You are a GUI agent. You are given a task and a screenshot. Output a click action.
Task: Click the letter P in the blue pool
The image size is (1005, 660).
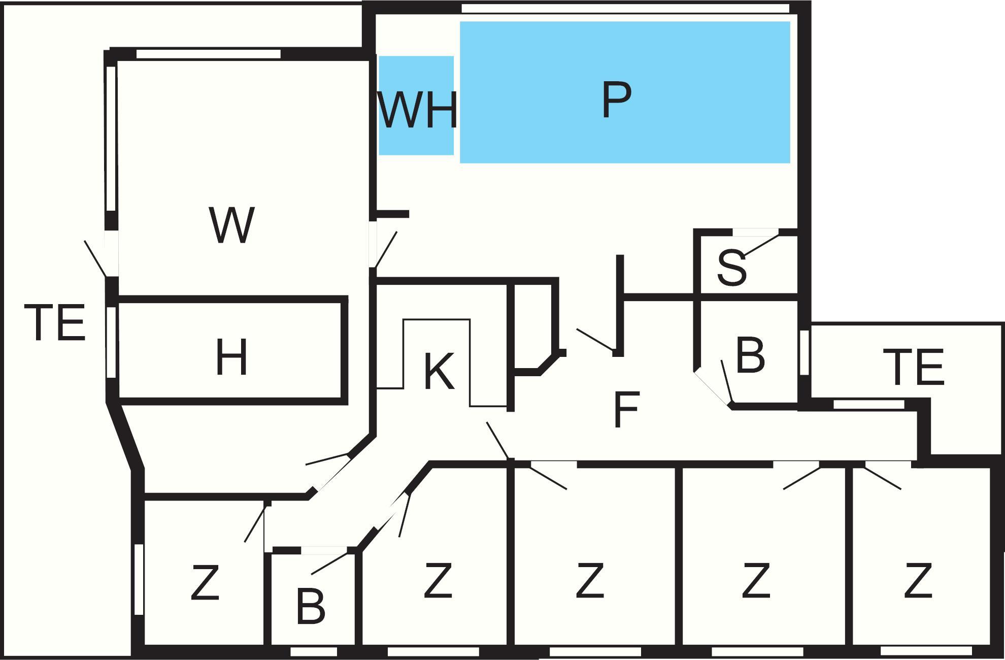[x=616, y=100]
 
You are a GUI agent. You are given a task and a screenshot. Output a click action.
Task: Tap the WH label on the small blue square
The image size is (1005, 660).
[x=417, y=110]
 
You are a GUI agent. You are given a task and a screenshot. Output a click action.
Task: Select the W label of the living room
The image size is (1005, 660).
[x=231, y=225]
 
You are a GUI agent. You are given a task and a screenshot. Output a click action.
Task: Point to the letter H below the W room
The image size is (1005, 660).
[x=231, y=357]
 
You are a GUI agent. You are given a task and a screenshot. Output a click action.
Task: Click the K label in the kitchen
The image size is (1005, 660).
[x=439, y=371]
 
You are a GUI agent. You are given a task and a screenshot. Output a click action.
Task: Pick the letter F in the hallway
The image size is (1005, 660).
[x=626, y=409]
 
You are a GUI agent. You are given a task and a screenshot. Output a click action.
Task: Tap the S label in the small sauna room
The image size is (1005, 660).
[x=731, y=268]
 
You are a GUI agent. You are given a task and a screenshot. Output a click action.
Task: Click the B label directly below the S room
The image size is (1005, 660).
[x=750, y=355]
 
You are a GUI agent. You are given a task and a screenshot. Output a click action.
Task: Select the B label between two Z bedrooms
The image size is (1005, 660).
[x=310, y=607]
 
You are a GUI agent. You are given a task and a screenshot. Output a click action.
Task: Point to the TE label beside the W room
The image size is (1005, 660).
[x=55, y=322]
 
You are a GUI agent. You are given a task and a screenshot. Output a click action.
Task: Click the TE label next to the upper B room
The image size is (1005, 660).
[x=914, y=367]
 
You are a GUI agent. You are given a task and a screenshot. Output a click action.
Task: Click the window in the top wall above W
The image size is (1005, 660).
[x=208, y=54]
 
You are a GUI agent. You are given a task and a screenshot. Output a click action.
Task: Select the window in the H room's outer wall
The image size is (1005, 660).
[x=111, y=342]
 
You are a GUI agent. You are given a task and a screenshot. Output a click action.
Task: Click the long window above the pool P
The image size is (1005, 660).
[x=625, y=9]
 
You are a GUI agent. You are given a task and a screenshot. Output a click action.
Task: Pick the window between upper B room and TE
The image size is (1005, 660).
[x=804, y=352]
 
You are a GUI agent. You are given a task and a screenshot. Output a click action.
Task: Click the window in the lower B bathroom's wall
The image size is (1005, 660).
[x=314, y=651]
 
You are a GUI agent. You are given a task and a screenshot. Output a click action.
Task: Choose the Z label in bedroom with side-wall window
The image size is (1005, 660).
[x=205, y=582]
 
